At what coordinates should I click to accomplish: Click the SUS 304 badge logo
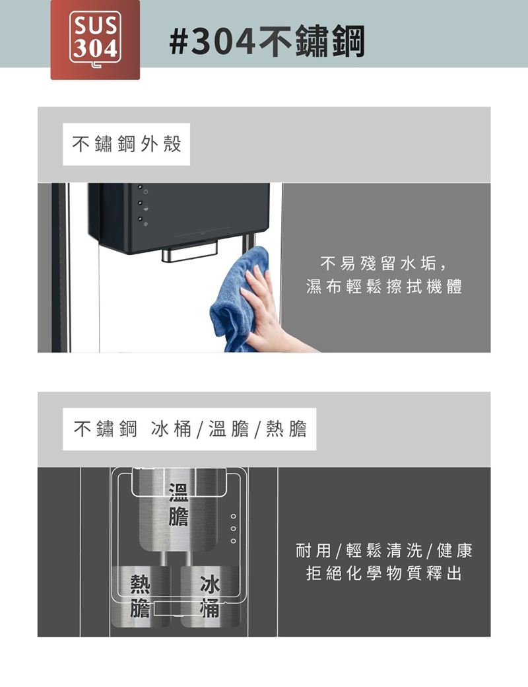click(95, 40)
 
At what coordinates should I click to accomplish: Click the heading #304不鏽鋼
click(267, 42)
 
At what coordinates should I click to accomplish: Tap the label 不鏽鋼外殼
click(127, 144)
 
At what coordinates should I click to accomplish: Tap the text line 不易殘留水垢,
click(384, 264)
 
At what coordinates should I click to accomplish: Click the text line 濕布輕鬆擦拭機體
click(384, 287)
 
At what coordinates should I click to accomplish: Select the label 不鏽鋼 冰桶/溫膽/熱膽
click(190, 429)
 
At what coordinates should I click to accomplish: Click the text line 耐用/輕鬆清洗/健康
click(384, 550)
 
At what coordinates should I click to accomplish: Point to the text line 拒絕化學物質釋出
click(384, 573)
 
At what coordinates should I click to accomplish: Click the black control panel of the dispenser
click(179, 215)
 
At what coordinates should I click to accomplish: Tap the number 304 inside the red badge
click(95, 48)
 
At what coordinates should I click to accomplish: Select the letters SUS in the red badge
click(95, 25)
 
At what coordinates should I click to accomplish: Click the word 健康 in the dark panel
click(455, 550)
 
